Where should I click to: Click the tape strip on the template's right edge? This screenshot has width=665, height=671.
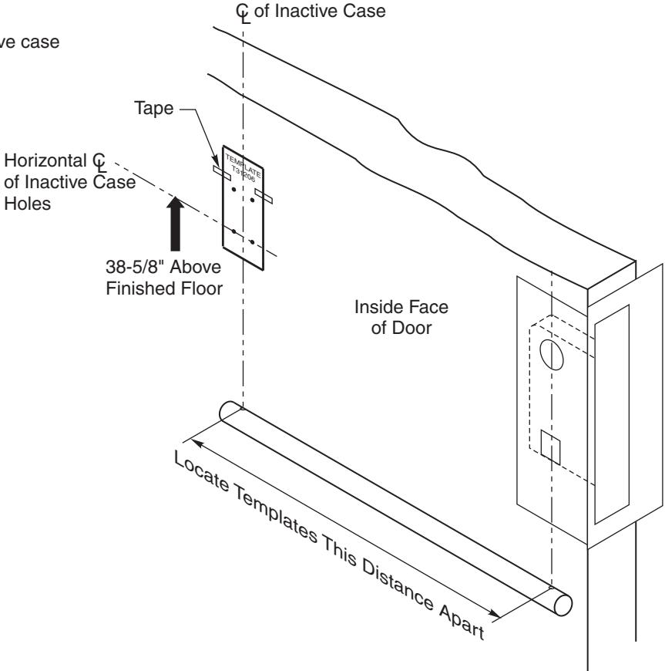tap(264, 197)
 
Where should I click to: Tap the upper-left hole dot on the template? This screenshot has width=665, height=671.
tap(233, 190)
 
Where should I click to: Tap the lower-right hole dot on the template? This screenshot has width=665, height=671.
tap(252, 242)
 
